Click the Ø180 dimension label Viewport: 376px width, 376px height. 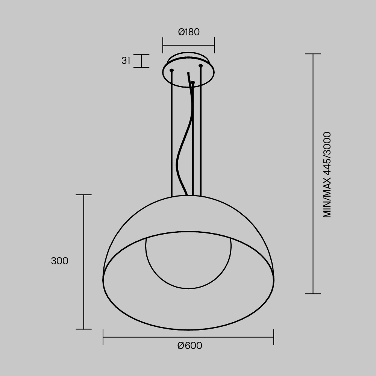188,32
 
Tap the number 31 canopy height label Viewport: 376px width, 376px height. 126,61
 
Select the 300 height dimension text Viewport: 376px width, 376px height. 60,261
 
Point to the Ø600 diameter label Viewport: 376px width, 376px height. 190,346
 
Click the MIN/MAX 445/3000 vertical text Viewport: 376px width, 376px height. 327,174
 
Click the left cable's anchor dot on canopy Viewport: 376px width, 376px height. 172,70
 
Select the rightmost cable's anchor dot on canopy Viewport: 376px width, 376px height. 201,66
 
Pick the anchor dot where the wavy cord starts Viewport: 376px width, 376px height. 193,82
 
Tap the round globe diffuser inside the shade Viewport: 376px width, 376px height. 188,263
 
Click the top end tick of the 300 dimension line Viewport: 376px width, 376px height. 83,195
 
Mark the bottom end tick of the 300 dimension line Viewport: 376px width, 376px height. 83,329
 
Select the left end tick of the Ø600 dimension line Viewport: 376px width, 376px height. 103,337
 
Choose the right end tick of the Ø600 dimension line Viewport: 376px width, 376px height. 274,337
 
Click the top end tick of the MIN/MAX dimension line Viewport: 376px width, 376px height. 313,54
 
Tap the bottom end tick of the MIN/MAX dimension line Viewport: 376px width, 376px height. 313,293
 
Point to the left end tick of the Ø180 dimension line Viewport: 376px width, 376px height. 163,45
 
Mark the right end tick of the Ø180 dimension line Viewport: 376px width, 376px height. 214,45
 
